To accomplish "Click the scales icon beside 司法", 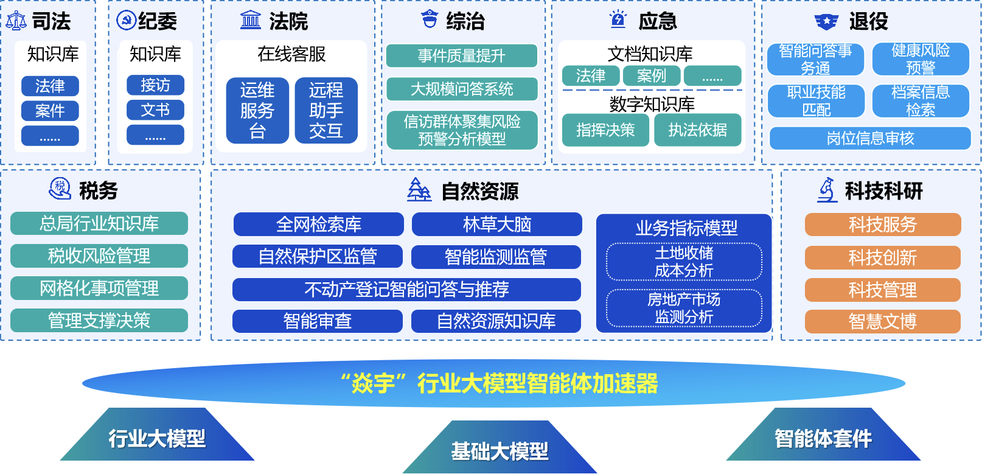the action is point(16,20).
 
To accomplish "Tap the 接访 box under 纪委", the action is point(155,85).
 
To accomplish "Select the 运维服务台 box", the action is point(257,111).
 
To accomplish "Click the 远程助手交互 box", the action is point(326,111).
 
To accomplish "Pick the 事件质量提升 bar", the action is point(462,56).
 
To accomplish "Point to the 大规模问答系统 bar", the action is point(462,89).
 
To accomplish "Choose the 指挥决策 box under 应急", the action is point(605,130).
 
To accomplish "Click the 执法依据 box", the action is point(697,130).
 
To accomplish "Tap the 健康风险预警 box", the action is point(921,59).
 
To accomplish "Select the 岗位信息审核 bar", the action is point(870,139).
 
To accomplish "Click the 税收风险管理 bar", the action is point(99,256).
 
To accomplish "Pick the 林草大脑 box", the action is point(496,225).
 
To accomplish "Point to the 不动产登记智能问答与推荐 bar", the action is point(406,290).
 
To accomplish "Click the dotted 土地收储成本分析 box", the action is point(684,262).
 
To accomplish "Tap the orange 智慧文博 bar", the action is point(882,321).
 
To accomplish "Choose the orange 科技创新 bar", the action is point(882,257).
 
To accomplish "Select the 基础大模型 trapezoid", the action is point(500,447).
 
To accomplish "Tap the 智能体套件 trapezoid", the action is point(823,434).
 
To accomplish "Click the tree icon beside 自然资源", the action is point(419,190).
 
